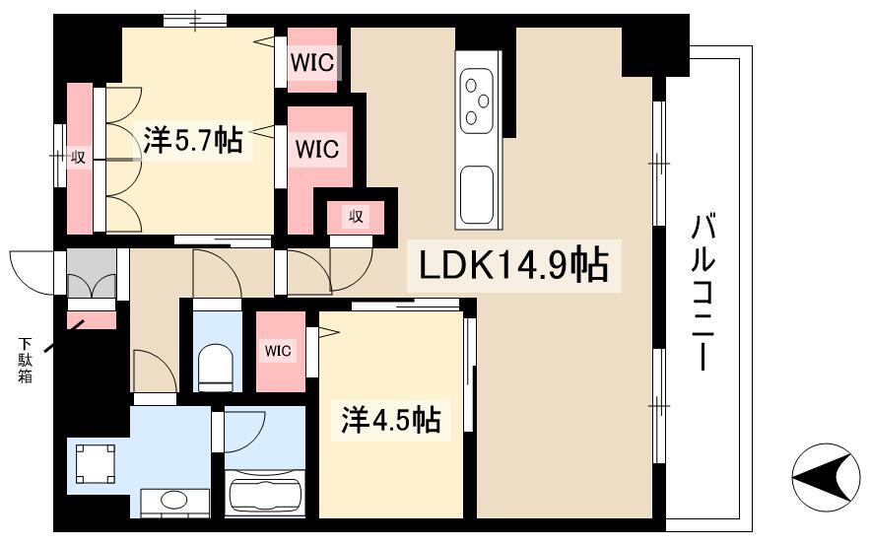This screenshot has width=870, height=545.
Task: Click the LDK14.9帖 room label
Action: click(x=513, y=265)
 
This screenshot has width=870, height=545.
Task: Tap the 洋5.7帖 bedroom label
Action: click(x=193, y=140)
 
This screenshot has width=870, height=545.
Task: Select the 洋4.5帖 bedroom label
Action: click(x=391, y=420)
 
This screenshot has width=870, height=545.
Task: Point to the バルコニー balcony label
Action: click(x=702, y=292)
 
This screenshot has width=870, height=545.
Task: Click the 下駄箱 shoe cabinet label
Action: click(x=25, y=360)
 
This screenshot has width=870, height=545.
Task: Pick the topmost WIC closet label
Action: click(x=312, y=63)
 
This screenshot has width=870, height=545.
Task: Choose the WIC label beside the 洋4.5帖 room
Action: click(x=278, y=351)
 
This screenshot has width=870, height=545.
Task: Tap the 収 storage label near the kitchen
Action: click(x=356, y=216)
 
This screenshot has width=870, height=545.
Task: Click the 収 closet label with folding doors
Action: click(x=78, y=158)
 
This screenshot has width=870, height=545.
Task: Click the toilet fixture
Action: click(x=215, y=367)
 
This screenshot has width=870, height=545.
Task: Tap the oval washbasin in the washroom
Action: click(x=174, y=500)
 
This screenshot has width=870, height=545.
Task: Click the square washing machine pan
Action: click(x=96, y=463)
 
